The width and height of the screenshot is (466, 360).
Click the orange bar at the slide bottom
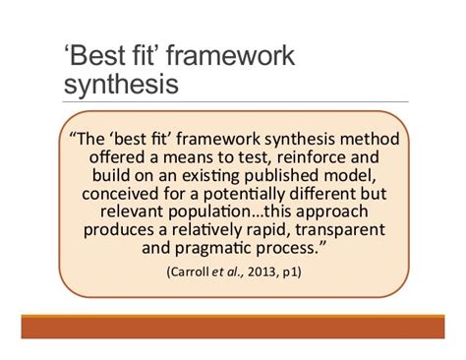click(233, 327)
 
